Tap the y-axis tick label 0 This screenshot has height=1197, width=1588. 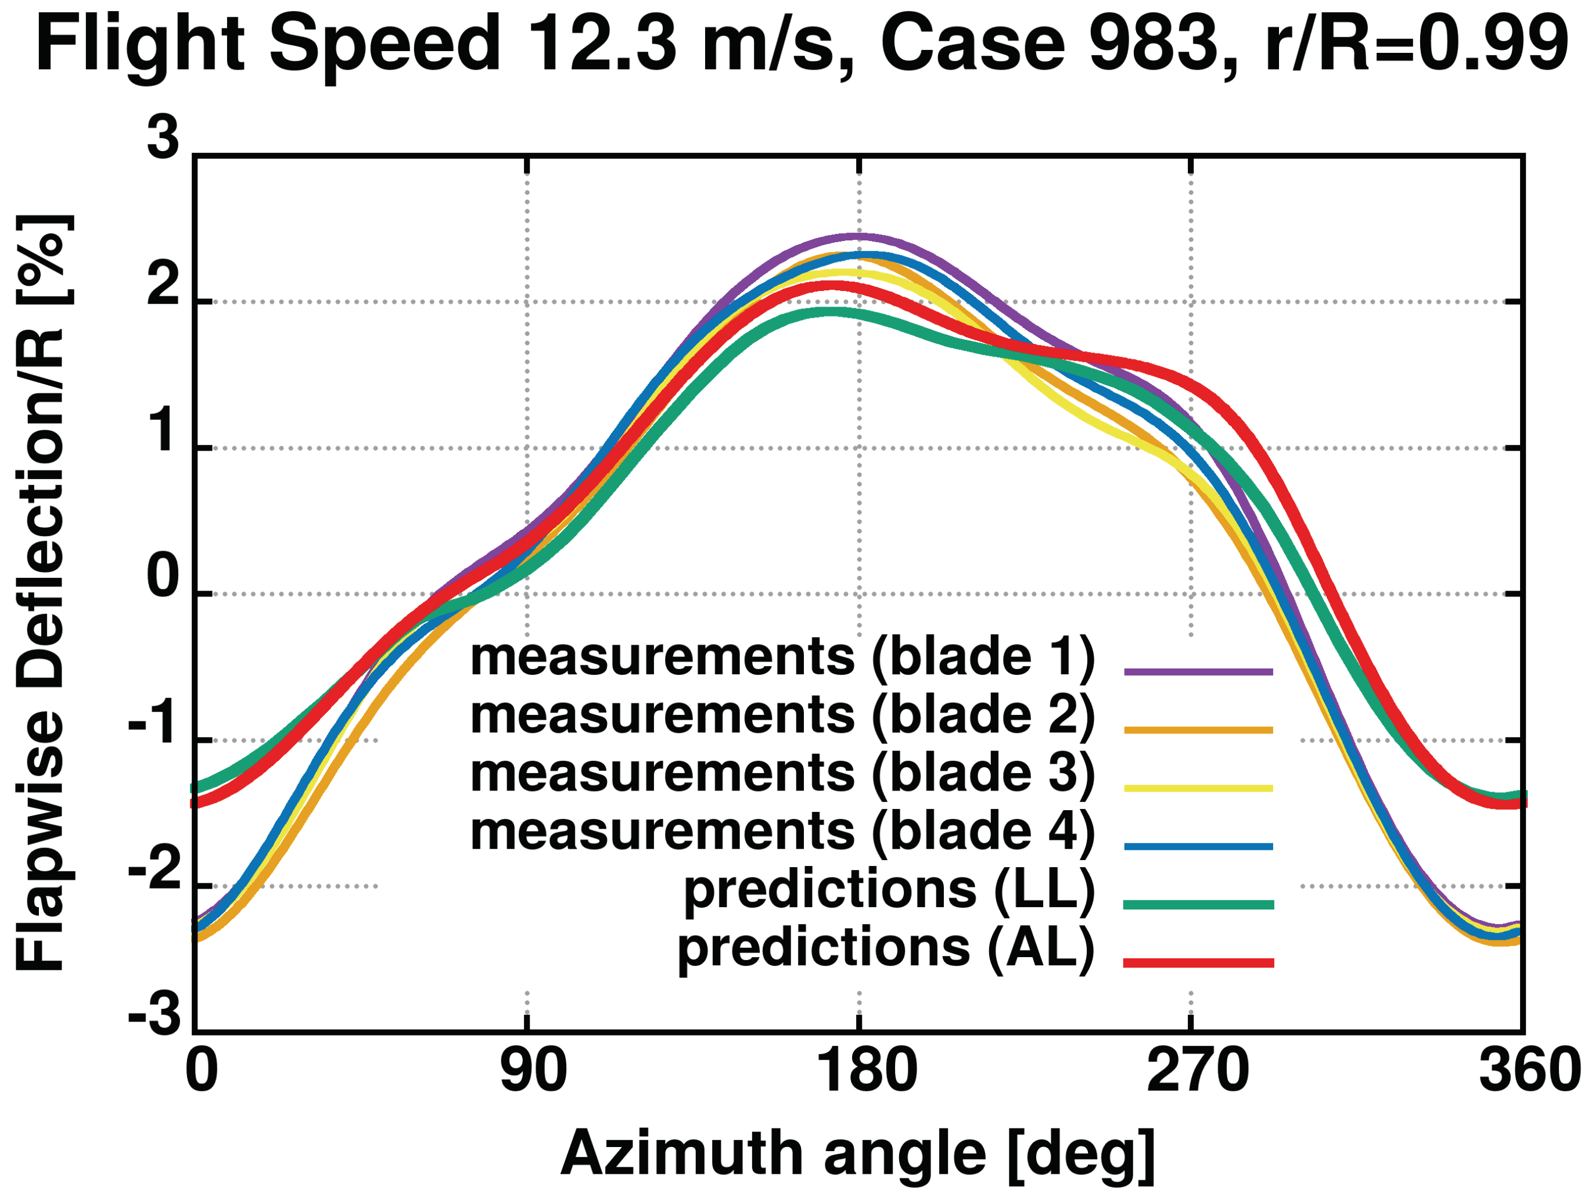[163, 579]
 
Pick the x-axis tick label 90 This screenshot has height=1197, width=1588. [533, 1070]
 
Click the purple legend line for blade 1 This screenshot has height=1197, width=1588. [1198, 672]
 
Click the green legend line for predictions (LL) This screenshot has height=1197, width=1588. [1198, 905]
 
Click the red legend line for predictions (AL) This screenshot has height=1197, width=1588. [1198, 963]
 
